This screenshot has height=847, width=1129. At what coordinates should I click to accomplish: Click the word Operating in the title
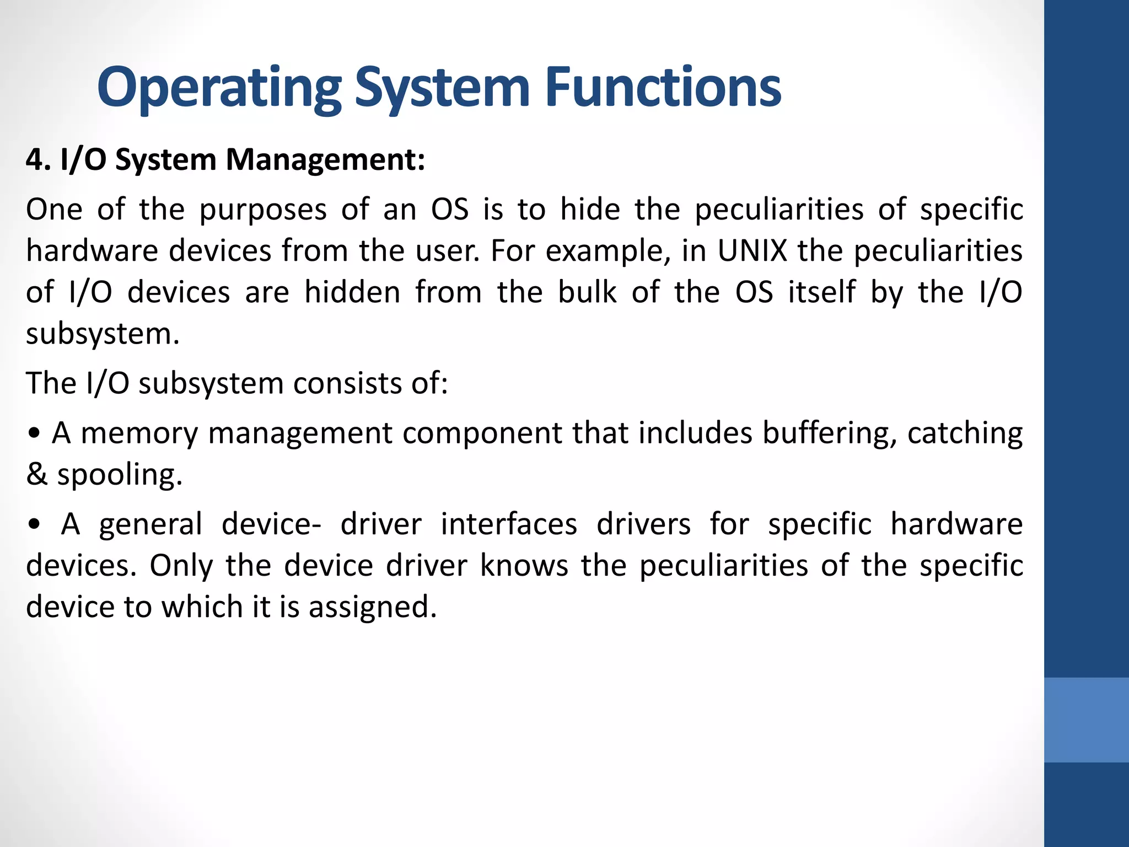coord(219,88)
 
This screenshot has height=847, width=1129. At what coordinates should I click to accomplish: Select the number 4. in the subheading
coord(39,160)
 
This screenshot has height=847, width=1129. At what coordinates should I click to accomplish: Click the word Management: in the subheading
coord(325,161)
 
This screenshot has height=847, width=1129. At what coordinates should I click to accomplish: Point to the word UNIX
coord(752,251)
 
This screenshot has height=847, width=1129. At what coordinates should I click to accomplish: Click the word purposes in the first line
coord(264,211)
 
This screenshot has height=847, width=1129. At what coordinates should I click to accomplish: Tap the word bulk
coord(587,292)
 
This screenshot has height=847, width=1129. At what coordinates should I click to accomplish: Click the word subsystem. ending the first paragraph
coord(103,334)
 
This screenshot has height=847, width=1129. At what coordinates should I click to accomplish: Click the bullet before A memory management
coord(34,434)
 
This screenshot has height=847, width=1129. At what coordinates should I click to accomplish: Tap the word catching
coord(965,434)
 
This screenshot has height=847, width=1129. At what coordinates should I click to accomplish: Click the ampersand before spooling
coord(36,475)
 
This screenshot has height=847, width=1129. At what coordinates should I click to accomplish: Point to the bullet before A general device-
coord(34,525)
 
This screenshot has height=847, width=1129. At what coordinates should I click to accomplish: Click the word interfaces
coord(509,524)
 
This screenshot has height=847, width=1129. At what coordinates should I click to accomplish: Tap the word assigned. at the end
coord(373,607)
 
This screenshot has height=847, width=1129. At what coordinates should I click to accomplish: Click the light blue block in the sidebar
coord(1086,720)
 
